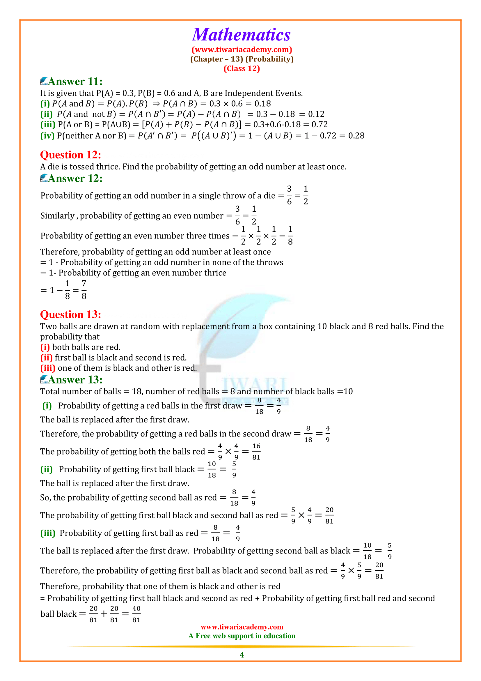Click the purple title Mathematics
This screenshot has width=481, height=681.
click(241, 35)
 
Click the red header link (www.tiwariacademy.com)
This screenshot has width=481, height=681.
click(242, 49)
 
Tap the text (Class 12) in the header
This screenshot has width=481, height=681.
click(242, 68)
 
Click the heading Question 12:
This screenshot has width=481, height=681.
click(70, 155)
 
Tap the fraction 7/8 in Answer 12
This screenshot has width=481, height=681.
click(84, 290)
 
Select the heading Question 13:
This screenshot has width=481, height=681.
click(70, 314)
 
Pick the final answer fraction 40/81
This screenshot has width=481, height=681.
click(136, 614)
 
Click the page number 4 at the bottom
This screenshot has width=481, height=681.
click(242, 655)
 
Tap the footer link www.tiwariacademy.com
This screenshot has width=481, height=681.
click(242, 627)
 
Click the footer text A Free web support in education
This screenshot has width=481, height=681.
click(242, 636)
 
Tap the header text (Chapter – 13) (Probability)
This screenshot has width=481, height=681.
click(242, 59)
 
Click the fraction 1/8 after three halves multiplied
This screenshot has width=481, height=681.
click(290, 236)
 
